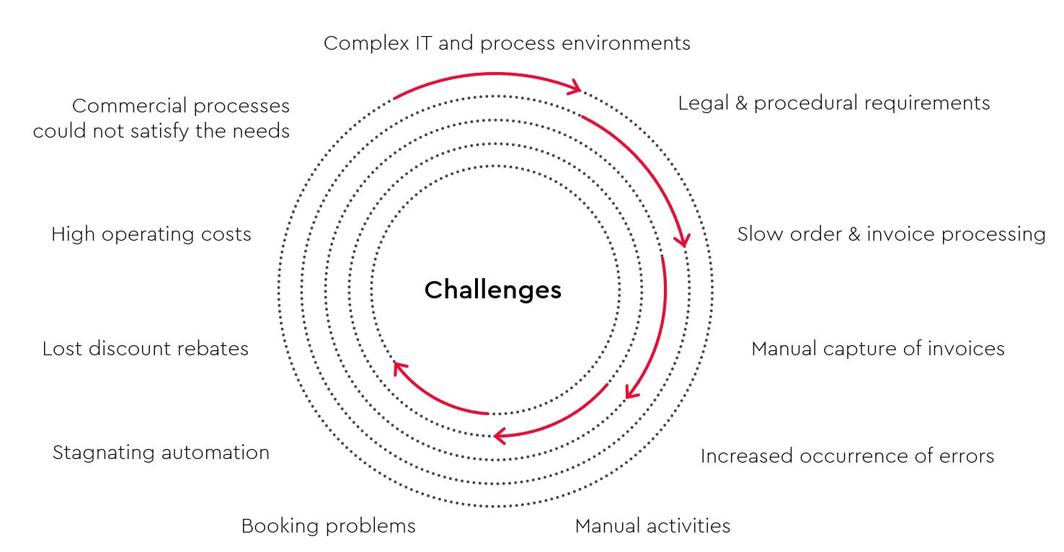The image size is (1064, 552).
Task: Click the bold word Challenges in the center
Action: (492, 290)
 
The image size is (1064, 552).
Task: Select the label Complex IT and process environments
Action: (507, 43)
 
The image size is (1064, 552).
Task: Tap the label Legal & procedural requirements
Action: (833, 103)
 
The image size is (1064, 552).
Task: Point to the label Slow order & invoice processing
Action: (891, 234)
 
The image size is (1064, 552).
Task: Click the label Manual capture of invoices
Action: (878, 349)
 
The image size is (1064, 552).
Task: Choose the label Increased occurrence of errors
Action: (848, 456)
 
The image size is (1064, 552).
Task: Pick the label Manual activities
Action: (652, 526)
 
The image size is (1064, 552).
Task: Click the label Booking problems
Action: (328, 526)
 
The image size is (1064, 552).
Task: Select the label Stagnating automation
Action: (161, 453)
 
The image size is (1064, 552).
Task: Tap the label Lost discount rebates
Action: (146, 349)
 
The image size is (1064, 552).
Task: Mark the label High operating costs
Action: (151, 234)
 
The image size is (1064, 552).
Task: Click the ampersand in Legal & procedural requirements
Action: (742, 103)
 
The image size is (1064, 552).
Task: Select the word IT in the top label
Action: (424, 43)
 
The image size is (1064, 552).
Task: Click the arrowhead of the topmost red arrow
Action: (576, 87)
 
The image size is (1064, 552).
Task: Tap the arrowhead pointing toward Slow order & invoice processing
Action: (683, 240)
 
